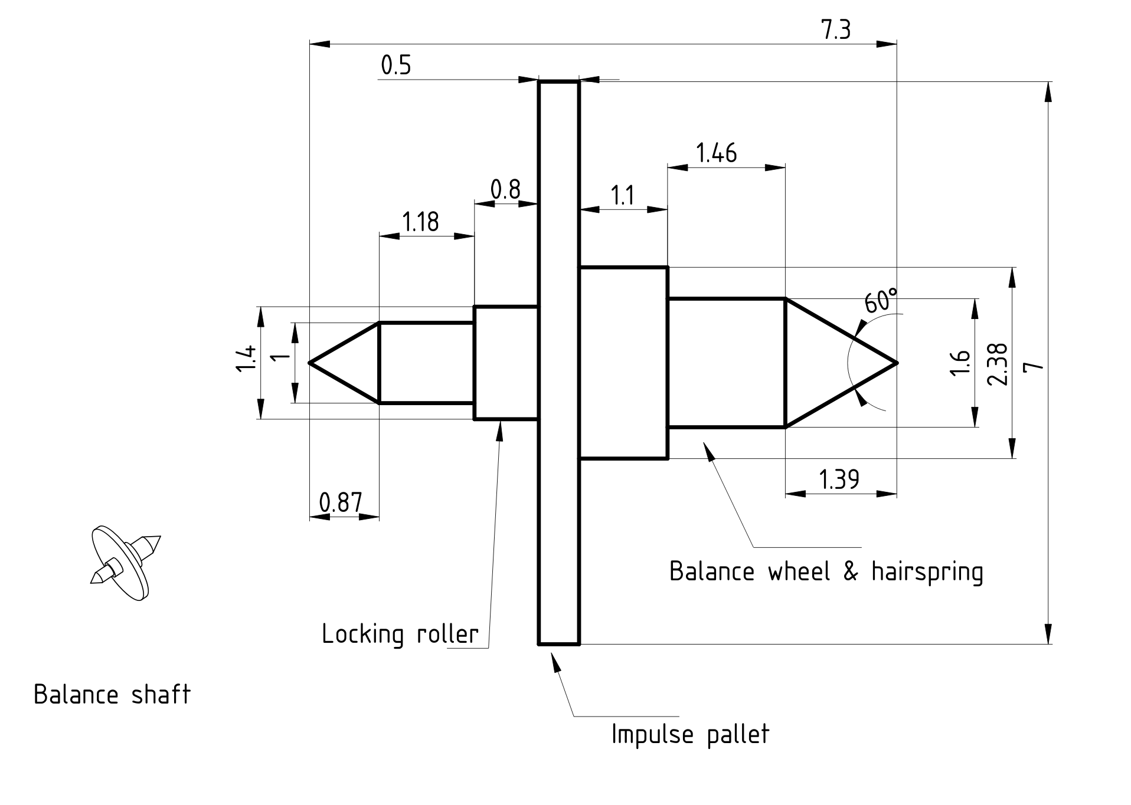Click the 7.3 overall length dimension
836,29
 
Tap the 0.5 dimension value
395,65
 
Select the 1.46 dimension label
717,153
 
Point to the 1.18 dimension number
420,222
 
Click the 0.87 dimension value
340,502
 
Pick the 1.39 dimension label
839,479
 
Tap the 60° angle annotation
881,300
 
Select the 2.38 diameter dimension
997,364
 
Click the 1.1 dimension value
622,195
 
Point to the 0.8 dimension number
505,189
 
